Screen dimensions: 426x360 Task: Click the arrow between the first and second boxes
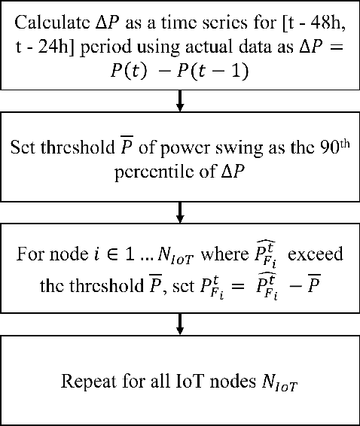[180, 99]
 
